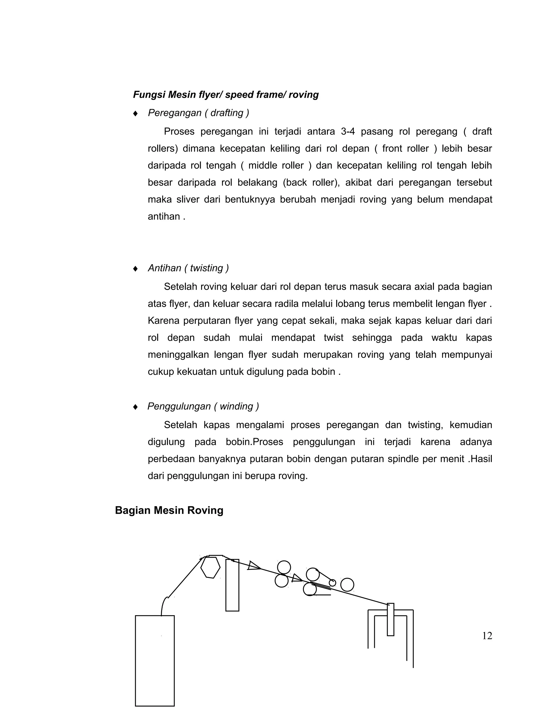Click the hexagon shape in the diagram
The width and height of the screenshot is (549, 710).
[210, 567]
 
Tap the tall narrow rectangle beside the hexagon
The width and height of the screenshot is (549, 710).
[232, 585]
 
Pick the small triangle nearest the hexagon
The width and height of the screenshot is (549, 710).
[253, 566]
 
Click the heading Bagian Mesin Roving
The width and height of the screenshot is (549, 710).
[169, 510]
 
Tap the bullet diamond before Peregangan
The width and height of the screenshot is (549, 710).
[135, 113]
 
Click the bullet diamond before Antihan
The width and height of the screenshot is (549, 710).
[135, 268]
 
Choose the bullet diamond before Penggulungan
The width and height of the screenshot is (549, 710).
[135, 407]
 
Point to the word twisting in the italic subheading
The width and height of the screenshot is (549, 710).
[206, 268]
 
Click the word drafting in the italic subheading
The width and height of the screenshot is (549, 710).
[227, 113]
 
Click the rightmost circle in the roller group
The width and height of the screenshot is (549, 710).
[347, 585]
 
